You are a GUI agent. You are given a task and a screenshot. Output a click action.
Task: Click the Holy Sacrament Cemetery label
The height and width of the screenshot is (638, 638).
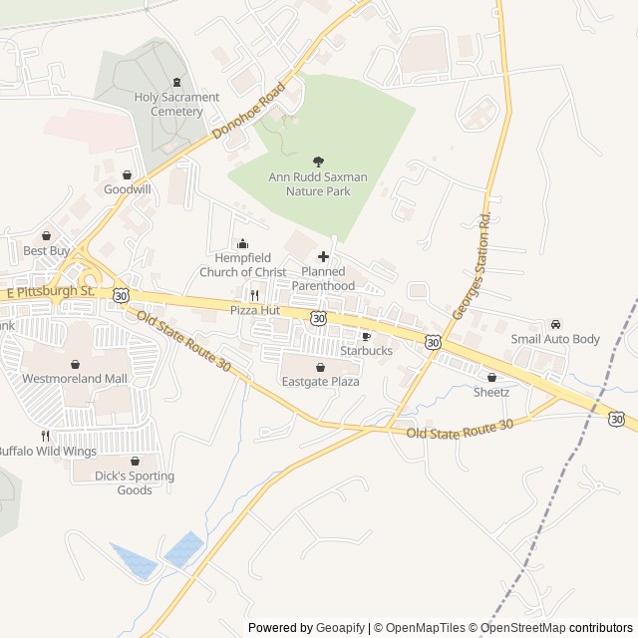click(176, 104)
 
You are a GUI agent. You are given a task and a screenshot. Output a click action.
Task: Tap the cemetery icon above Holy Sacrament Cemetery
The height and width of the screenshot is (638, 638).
click(177, 82)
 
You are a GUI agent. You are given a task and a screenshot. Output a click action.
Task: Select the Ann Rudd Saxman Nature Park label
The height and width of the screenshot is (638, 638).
click(318, 183)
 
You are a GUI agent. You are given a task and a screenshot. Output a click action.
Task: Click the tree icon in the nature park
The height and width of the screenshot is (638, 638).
click(318, 160)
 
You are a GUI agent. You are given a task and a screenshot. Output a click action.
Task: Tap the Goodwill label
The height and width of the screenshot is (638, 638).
click(128, 188)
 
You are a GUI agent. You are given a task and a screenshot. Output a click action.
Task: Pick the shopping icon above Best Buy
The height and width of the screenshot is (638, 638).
click(46, 235)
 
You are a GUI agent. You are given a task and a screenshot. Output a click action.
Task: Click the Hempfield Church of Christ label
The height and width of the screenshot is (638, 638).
click(242, 265)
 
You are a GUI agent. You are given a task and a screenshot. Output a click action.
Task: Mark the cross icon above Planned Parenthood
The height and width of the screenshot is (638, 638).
click(323, 256)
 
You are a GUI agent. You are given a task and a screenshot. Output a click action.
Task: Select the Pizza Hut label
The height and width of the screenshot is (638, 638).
click(255, 310)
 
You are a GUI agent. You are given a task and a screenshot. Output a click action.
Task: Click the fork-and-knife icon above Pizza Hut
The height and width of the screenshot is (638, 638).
click(255, 295)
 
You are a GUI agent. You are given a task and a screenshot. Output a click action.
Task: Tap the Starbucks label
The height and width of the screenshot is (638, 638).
click(366, 351)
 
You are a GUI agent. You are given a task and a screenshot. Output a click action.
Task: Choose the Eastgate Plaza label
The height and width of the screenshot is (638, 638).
click(319, 382)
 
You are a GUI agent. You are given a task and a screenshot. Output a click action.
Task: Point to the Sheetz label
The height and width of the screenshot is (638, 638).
click(491, 392)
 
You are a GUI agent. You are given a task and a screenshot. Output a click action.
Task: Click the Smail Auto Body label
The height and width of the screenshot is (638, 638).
click(555, 339)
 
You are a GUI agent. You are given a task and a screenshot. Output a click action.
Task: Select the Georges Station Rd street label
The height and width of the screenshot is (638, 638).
click(474, 266)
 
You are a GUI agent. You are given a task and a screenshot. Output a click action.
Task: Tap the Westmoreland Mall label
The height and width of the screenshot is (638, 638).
click(75, 379)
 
